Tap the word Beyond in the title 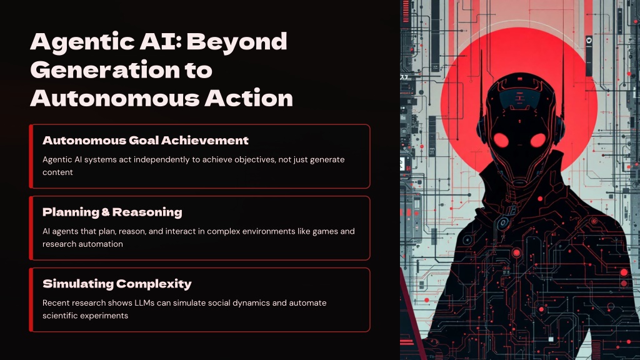(x=237, y=42)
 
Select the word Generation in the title (x=105, y=70)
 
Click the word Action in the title (x=249, y=98)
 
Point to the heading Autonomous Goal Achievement (x=145, y=141)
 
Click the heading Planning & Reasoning (x=112, y=212)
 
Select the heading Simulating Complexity (x=117, y=284)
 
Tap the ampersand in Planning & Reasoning (x=106, y=212)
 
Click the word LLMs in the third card (x=144, y=303)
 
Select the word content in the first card (x=57, y=172)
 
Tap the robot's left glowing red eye (x=501, y=141)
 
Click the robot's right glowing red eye (x=538, y=141)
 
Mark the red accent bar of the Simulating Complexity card (x=31, y=299)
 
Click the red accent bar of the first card (x=31, y=156)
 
